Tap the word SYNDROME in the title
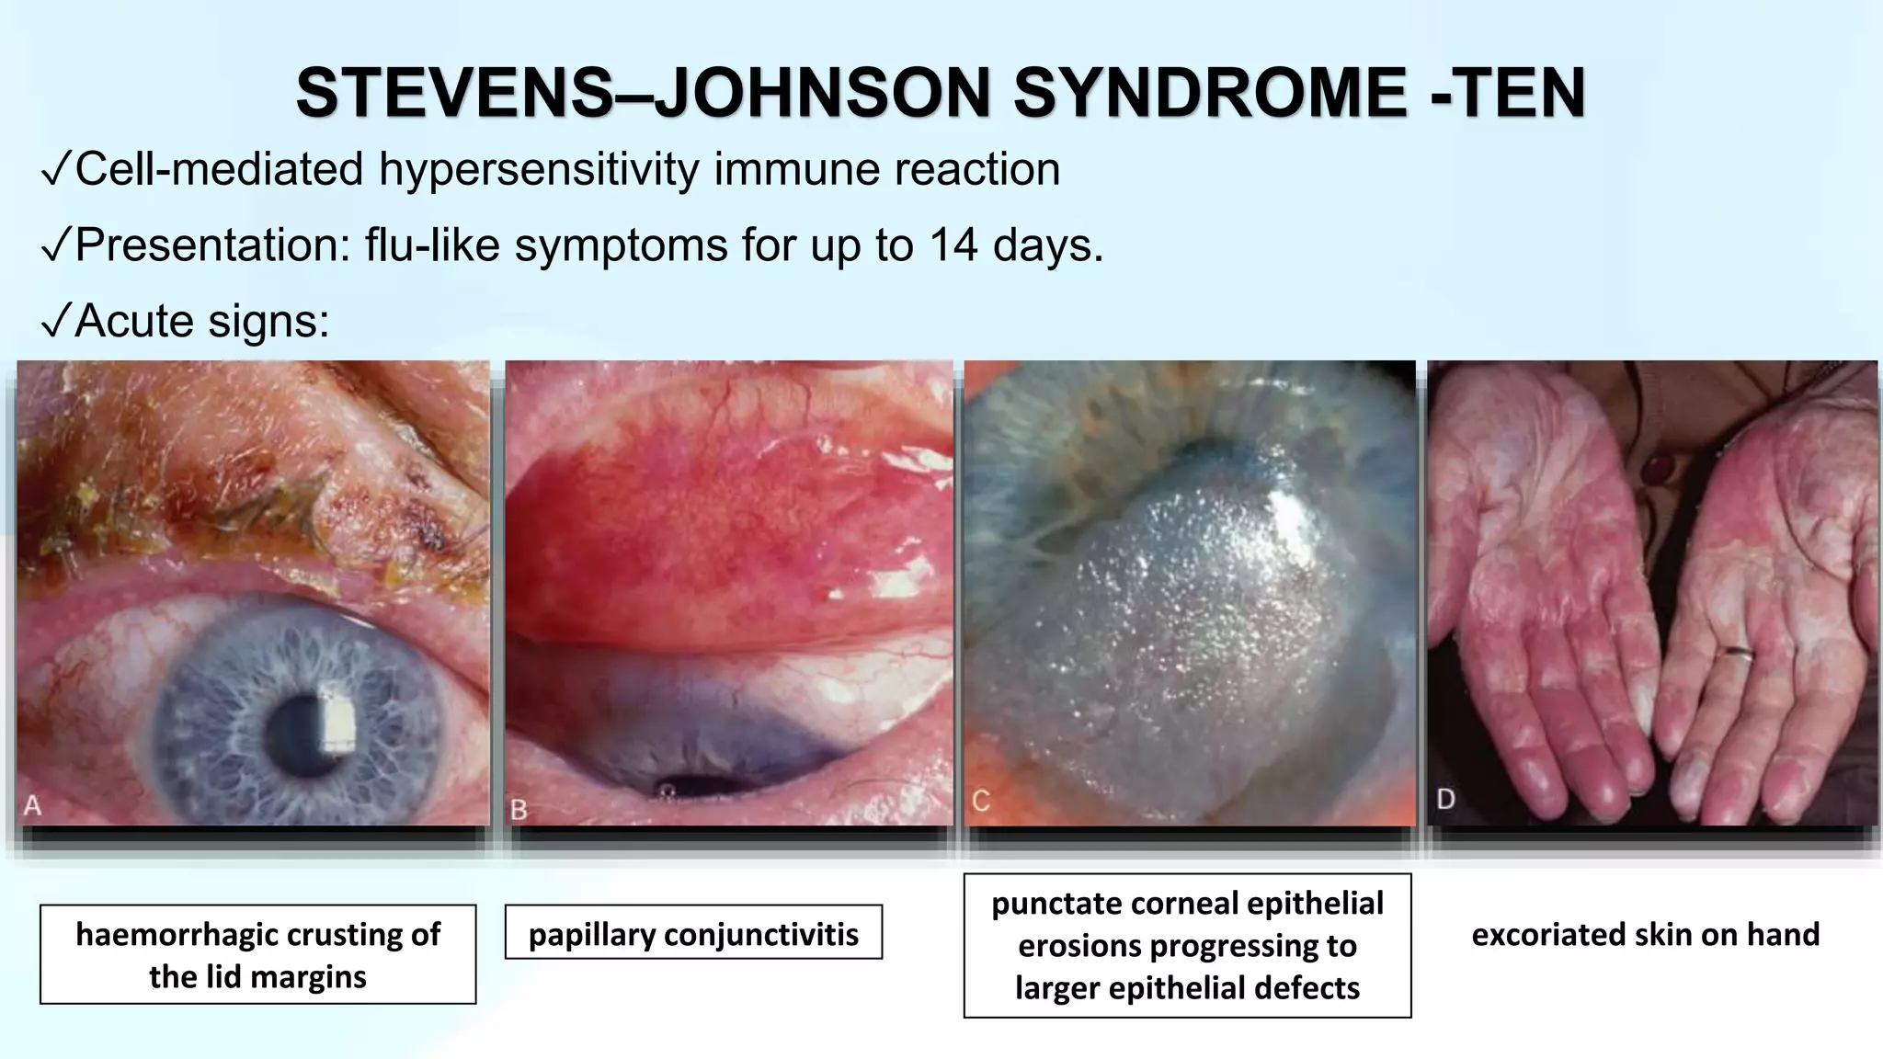tap(1209, 94)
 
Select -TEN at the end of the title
tap(1508, 94)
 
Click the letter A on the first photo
tap(33, 806)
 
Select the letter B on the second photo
tap(519, 809)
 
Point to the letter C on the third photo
tap(980, 802)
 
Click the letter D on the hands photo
tap(1445, 799)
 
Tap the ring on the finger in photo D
tap(1739, 653)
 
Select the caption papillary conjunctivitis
tap(693, 934)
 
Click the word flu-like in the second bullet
tap(432, 245)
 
